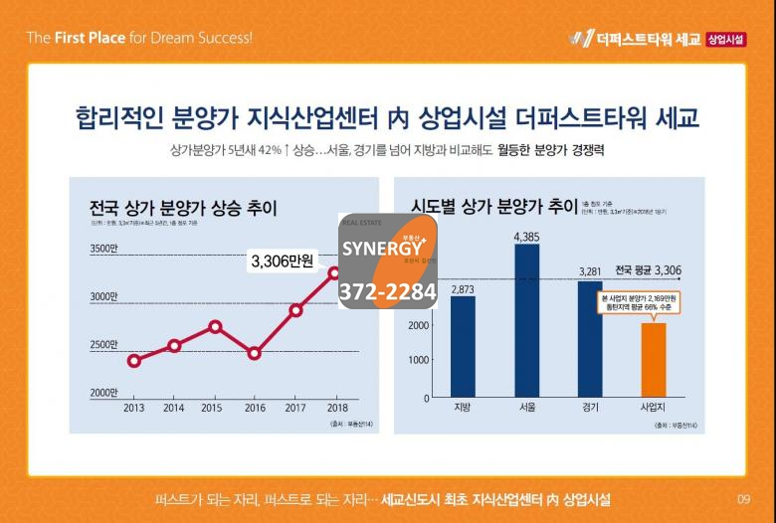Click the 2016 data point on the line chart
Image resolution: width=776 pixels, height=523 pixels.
255,353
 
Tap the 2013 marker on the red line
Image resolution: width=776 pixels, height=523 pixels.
134,360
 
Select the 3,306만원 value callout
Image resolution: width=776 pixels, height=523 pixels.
283,261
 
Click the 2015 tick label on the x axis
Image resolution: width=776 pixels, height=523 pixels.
212,408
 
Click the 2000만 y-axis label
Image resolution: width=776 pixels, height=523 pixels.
103,393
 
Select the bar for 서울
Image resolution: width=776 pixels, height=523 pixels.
527,320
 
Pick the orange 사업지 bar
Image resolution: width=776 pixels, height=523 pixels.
654,359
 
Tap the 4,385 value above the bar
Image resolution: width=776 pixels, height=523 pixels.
526,237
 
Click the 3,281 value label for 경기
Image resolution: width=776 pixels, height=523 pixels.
591,271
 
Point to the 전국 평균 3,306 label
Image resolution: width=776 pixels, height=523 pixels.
648,269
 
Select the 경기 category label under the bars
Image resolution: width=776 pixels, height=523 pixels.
591,408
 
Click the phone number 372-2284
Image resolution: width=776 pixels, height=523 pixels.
388,292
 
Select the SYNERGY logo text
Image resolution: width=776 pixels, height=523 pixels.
384,248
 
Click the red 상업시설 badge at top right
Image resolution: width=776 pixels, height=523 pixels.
726,39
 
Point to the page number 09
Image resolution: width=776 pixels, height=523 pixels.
743,498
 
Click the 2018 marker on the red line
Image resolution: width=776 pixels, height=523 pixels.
335,272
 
